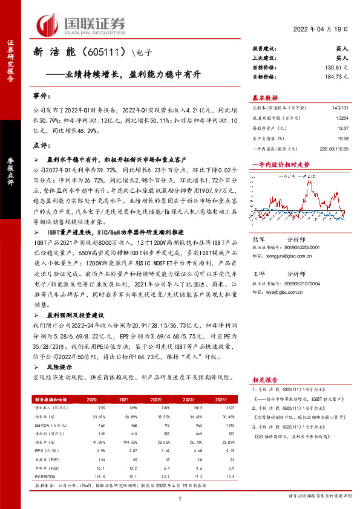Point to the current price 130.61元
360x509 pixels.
[x=336, y=68]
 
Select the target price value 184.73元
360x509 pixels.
[x=336, y=77]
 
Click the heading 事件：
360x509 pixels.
[x=42, y=97]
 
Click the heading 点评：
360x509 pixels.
[x=42, y=145]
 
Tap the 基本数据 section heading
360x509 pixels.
[x=265, y=98]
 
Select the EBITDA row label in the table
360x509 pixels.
[x=43, y=426]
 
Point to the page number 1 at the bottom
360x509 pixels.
[x=180, y=498]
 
